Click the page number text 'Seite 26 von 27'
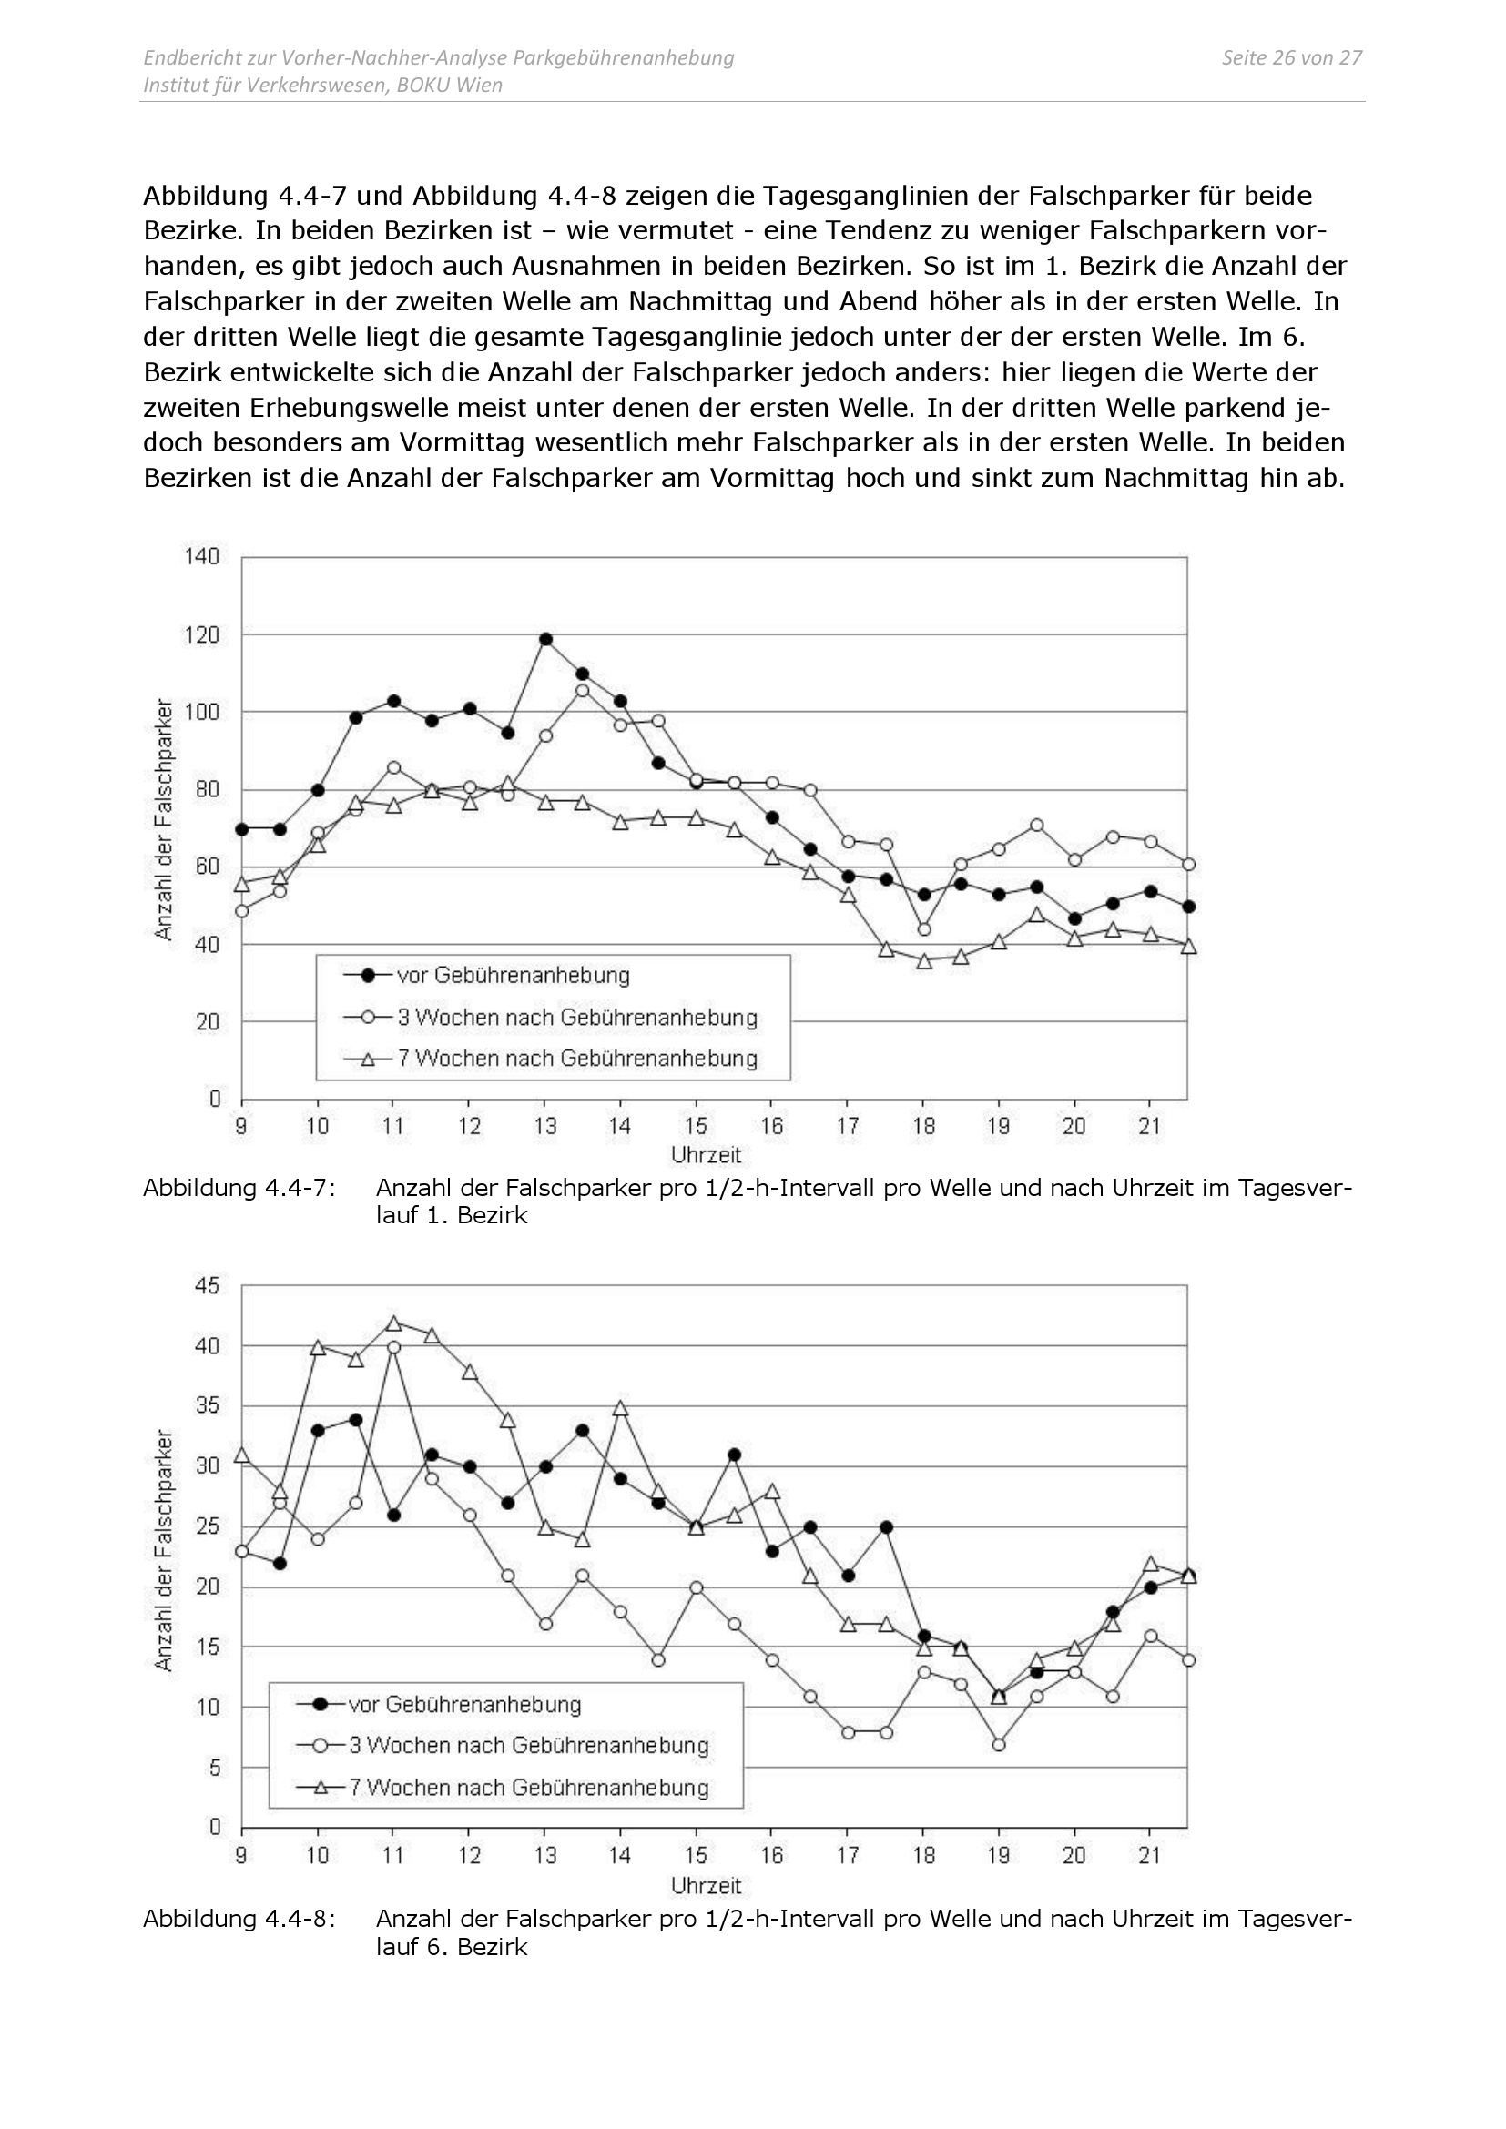[1291, 57]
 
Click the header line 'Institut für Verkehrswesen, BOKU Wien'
[322, 86]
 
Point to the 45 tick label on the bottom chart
[208, 1286]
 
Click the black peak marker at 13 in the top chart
[545, 639]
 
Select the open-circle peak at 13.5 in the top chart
[583, 691]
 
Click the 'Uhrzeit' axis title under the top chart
[707, 1155]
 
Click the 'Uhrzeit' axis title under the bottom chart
[707, 1885]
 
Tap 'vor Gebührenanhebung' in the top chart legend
[513, 976]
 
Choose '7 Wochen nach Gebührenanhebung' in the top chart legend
[576, 1058]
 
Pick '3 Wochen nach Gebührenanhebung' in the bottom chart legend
[529, 1745]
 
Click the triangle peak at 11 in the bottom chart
[393, 1323]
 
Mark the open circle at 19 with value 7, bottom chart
[999, 1745]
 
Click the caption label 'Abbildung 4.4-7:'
[239, 1188]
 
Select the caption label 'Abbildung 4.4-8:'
[239, 1919]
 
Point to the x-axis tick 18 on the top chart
[923, 1126]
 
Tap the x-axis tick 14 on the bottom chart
[620, 1855]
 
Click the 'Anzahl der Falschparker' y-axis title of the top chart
[163, 820]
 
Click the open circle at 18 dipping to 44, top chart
[923, 929]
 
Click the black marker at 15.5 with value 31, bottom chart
[735, 1455]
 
